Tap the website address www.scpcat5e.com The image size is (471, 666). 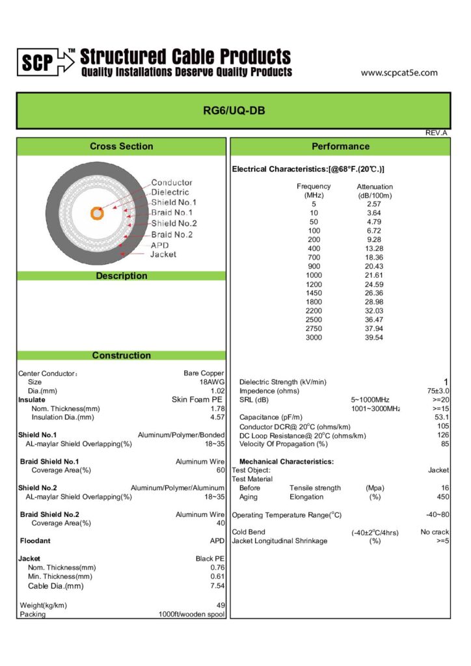click(399, 73)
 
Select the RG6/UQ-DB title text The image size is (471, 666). click(234, 111)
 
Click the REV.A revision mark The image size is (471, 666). click(436, 133)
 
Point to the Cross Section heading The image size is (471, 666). click(122, 146)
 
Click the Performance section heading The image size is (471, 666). click(340, 146)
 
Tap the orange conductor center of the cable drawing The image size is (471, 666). click(97, 213)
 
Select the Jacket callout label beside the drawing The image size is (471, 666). click(163, 254)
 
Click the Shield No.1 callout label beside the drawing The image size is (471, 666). click(174, 202)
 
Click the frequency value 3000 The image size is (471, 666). click(314, 338)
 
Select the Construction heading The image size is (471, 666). click(122, 355)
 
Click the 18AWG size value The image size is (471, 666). click(212, 382)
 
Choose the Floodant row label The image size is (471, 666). click(35, 540)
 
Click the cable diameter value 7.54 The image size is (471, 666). click(217, 586)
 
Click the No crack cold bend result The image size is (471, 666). click(435, 532)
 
